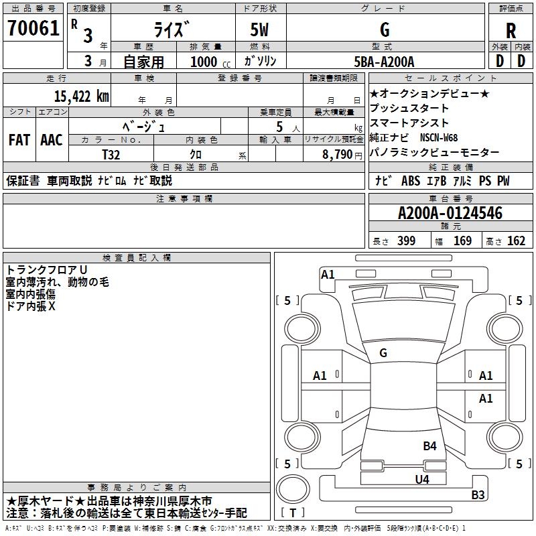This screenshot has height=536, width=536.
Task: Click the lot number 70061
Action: [x=33, y=27]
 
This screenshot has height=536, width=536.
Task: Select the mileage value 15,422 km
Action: [x=82, y=96]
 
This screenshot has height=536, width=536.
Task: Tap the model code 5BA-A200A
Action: [x=384, y=62]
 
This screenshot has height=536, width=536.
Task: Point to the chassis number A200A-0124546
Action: [x=450, y=213]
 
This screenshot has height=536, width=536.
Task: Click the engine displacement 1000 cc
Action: [x=210, y=62]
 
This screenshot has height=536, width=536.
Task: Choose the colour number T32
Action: [x=111, y=155]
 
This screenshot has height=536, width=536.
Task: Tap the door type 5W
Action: [x=259, y=29]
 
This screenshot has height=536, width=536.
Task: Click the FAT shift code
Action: [x=19, y=140]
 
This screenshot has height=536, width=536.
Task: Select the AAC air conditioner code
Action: [x=52, y=140]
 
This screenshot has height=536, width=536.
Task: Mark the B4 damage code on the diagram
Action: [x=429, y=446]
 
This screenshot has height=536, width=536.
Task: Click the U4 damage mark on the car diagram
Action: [x=422, y=479]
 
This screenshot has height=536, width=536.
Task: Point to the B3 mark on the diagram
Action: [x=478, y=494]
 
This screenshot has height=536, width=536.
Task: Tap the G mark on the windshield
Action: [x=383, y=353]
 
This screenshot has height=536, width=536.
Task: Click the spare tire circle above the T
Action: [x=293, y=489]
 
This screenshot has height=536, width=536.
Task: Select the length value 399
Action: [x=407, y=241]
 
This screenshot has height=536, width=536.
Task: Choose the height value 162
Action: [x=516, y=241]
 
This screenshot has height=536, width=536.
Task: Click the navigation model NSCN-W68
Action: [x=439, y=137]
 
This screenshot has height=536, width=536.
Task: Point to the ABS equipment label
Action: [x=411, y=181]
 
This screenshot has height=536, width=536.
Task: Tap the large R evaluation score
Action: [x=511, y=31]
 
